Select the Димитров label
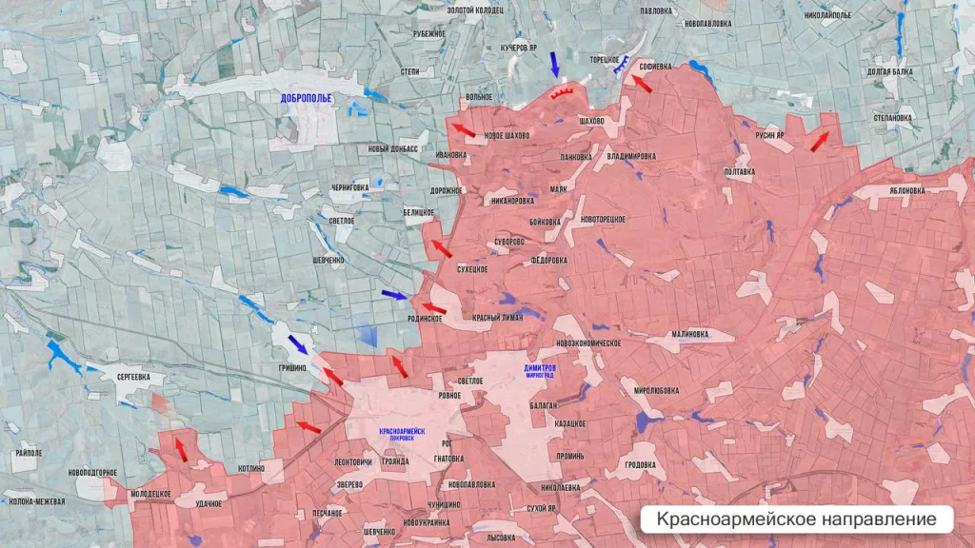pyautogui.click(x=540, y=367)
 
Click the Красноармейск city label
pyautogui.click(x=402, y=431)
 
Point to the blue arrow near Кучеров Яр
pyautogui.click(x=555, y=65)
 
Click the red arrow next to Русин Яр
pyautogui.click(x=819, y=142)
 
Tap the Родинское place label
pyautogui.click(x=425, y=319)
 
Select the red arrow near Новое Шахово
pyautogui.click(x=464, y=129)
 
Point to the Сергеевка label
pyautogui.click(x=133, y=377)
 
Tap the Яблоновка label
pyautogui.click(x=906, y=190)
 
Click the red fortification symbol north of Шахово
pyautogui.click(x=561, y=92)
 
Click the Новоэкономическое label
pyautogui.click(x=589, y=342)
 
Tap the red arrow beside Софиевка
pyautogui.click(x=643, y=84)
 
